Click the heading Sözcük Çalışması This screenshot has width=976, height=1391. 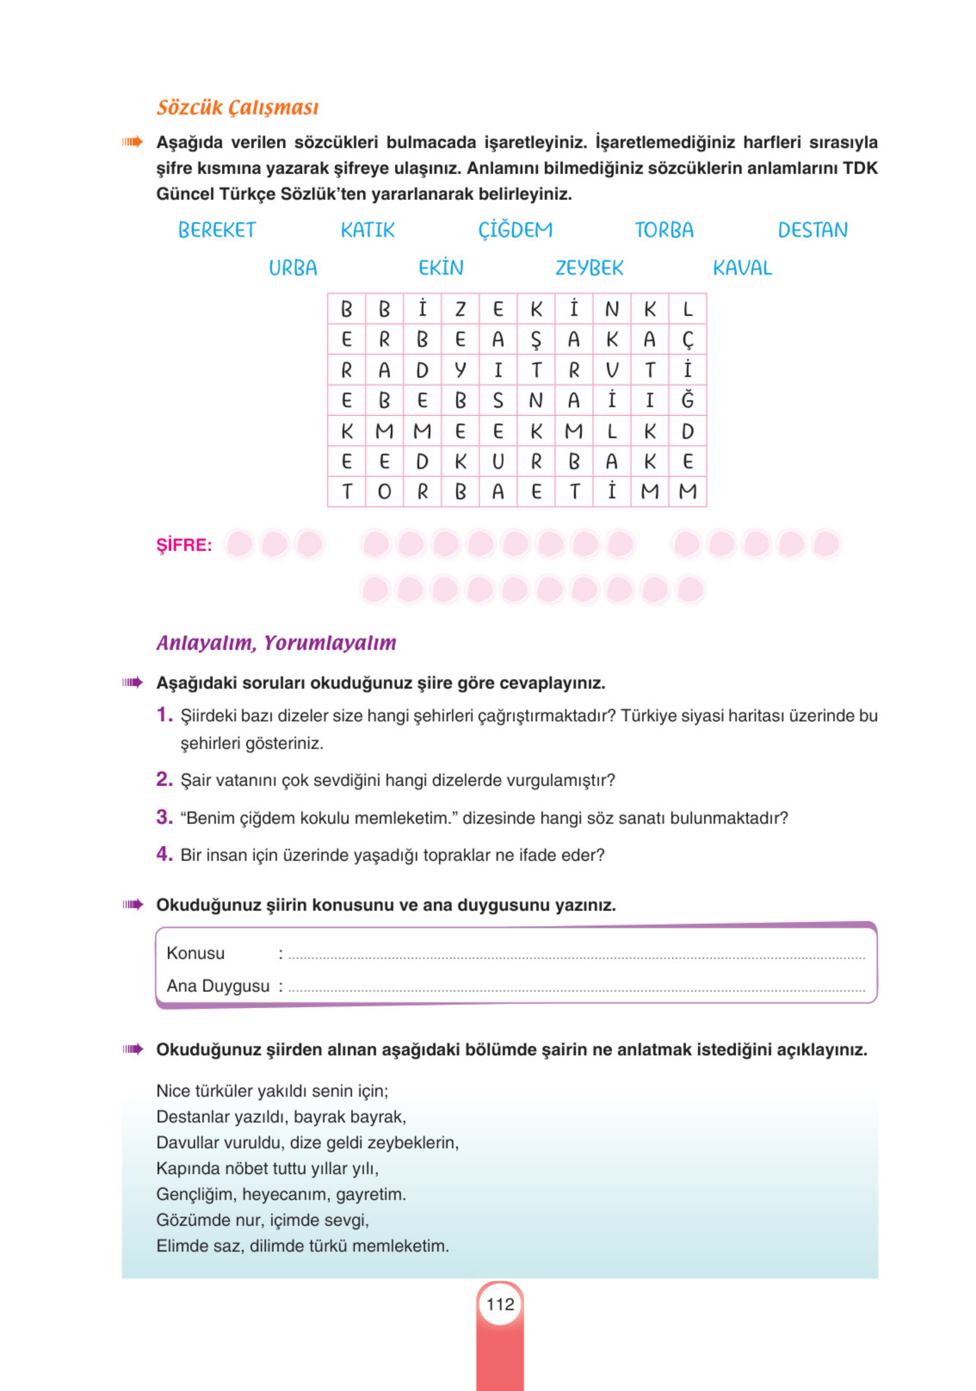point(238,107)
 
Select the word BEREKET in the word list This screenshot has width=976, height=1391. point(216,230)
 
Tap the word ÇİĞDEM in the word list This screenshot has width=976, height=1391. point(515,230)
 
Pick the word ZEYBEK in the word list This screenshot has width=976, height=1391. point(589,268)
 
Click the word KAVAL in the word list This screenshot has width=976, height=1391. point(741,268)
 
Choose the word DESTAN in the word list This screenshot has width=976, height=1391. point(812,230)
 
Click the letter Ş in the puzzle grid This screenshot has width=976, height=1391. point(535,340)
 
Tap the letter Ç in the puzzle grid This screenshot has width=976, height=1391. point(687,340)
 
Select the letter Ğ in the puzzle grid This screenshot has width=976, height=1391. point(687,400)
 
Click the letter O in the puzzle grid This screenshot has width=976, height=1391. point(384,491)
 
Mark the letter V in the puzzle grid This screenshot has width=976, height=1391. point(612,370)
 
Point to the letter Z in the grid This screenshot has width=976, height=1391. point(460,309)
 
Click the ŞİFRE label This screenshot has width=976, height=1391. point(184,545)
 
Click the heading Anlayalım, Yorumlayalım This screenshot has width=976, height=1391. point(276,643)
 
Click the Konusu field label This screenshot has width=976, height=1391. point(195,953)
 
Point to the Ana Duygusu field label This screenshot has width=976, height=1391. point(217,986)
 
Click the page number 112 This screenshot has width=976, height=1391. point(500,1304)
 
